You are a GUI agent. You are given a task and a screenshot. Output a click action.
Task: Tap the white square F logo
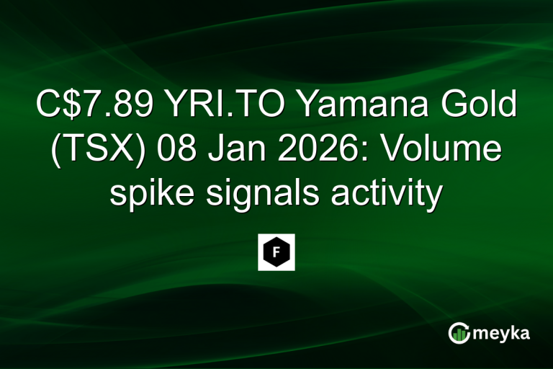click(x=276, y=252)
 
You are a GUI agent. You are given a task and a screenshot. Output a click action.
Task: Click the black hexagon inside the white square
click(x=276, y=252)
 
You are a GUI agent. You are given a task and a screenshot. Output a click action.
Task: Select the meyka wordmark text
click(x=503, y=333)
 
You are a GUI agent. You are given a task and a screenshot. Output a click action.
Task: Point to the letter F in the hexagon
click(x=276, y=252)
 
